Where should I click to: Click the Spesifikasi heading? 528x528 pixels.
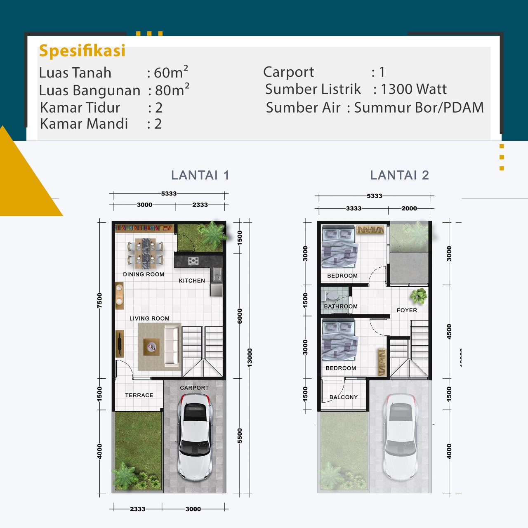point(82,51)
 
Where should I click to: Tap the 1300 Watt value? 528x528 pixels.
point(414,89)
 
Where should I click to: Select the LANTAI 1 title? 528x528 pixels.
point(200,175)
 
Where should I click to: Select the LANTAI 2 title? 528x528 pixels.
point(399,175)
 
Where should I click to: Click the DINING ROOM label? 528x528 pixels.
point(144,274)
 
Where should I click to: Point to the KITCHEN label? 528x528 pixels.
point(192,280)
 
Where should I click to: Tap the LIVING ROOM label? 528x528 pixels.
point(149,318)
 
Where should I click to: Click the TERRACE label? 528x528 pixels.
point(139,395)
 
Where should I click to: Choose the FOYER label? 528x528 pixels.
point(407,310)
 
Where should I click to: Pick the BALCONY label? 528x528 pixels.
point(344,397)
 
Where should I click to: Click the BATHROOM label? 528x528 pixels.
point(341,306)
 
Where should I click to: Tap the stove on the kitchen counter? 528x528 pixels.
point(193,261)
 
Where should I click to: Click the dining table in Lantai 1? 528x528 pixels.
point(146,253)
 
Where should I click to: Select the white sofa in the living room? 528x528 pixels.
point(172,346)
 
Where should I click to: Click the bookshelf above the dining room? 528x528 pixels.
point(144,228)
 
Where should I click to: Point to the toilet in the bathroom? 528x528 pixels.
point(332,296)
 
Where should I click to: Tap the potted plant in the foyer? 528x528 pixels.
point(418,296)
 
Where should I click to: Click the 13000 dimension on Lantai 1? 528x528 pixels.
point(249,358)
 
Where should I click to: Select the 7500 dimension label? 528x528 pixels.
point(99,300)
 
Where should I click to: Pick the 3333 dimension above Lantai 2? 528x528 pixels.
point(354,208)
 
